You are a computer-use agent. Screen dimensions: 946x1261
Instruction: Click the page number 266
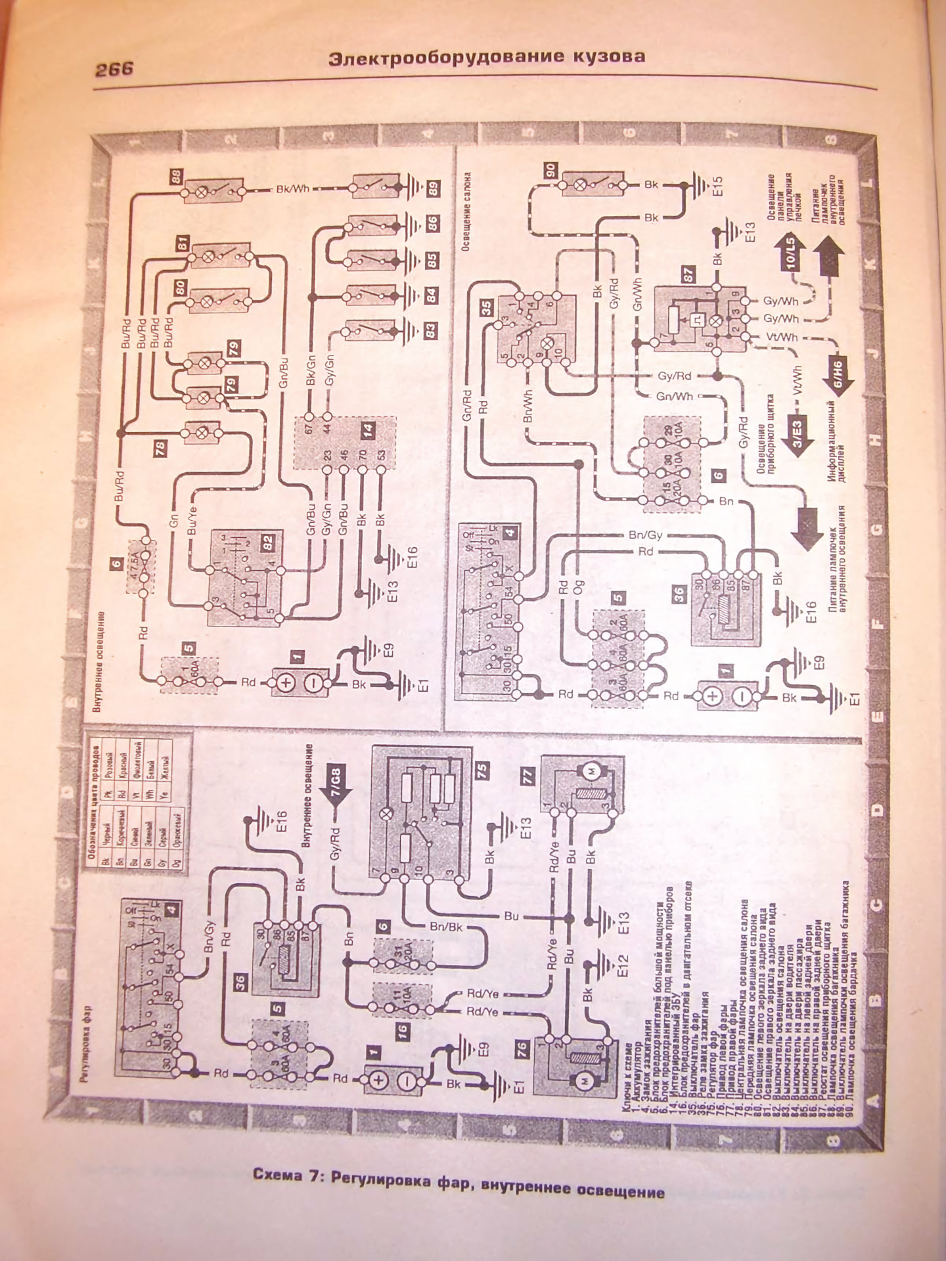(114, 69)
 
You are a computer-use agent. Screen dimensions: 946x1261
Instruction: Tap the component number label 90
(551, 171)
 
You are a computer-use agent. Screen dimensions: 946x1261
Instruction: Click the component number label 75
(482, 770)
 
